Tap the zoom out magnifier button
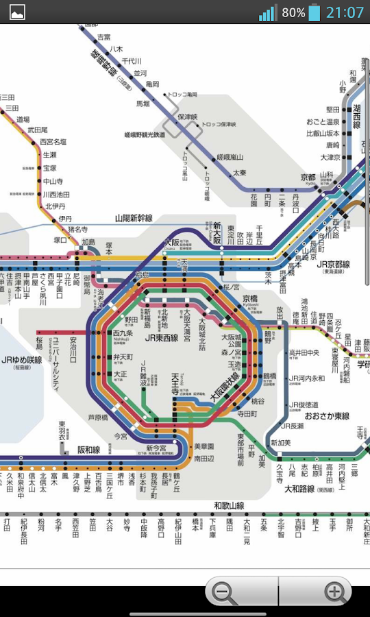tap(224, 592)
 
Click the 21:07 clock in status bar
tap(345, 12)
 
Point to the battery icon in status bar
tap(314, 12)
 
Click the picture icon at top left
tap(17, 12)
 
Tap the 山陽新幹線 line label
tap(134, 219)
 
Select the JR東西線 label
tap(161, 338)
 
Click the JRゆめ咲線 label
tap(21, 361)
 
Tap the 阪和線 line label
tap(88, 450)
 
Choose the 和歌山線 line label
tap(229, 506)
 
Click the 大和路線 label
tap(299, 489)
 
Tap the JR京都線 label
tap(333, 264)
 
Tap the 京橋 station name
tap(251, 298)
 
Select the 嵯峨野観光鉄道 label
tap(145, 135)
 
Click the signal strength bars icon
tap(267, 12)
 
